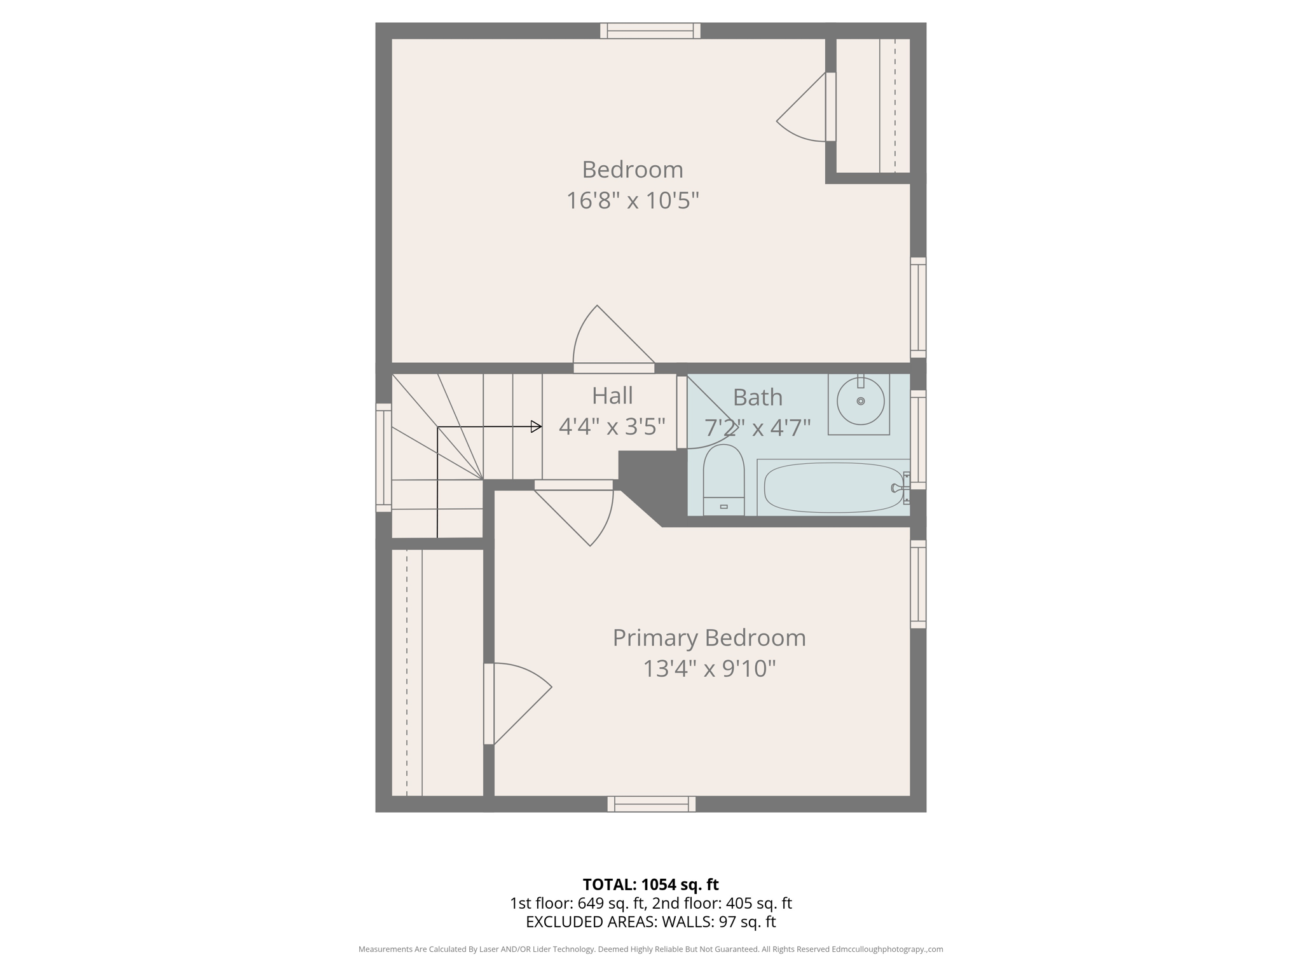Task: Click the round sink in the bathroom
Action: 860,401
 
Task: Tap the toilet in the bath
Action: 723,480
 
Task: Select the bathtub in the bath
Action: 833,487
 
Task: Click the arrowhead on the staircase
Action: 536,427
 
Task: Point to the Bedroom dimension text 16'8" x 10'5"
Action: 633,201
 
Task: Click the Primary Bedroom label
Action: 709,638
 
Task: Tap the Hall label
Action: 612,396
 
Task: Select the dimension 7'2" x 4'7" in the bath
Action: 757,428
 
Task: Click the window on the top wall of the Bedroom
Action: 650,30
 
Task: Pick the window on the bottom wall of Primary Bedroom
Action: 651,804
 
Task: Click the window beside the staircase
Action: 383,457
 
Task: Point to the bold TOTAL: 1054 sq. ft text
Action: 650,884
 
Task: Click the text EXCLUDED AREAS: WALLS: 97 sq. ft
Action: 650,921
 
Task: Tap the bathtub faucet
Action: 898,488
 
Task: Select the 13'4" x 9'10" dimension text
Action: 709,669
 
